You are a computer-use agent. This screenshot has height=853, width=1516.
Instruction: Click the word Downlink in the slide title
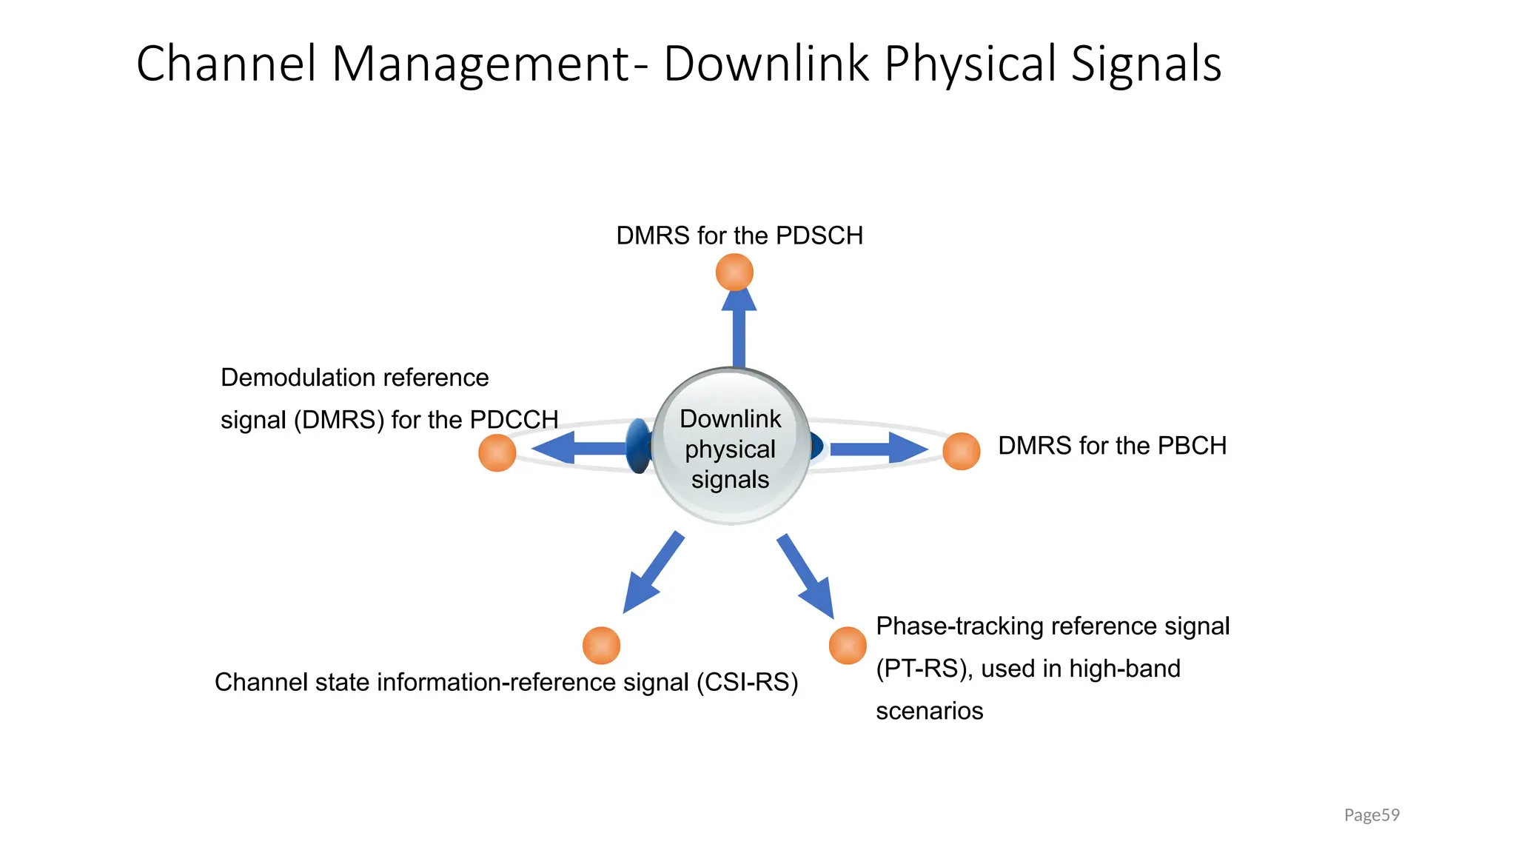click(x=765, y=64)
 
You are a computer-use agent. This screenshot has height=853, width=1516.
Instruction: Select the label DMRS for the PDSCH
click(x=739, y=235)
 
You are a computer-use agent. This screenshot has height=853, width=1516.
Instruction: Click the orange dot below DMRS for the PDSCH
click(x=734, y=272)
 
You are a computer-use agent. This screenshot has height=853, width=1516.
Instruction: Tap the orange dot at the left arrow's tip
click(x=497, y=452)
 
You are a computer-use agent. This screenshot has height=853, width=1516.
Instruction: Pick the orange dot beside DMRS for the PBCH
click(x=961, y=451)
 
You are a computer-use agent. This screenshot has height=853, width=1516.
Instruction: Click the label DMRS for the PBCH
click(x=1112, y=446)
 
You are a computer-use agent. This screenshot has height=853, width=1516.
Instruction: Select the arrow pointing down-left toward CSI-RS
click(x=651, y=572)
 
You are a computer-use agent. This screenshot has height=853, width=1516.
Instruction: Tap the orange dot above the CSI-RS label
click(x=601, y=645)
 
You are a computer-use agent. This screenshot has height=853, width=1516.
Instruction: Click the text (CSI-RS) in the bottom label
click(x=747, y=682)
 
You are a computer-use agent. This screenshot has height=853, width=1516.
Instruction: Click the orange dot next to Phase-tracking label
click(x=848, y=645)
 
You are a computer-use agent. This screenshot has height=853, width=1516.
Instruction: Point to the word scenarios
click(x=929, y=711)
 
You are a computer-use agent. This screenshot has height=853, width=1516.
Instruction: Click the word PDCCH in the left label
click(x=514, y=420)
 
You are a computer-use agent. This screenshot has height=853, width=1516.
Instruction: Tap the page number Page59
click(x=1371, y=815)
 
